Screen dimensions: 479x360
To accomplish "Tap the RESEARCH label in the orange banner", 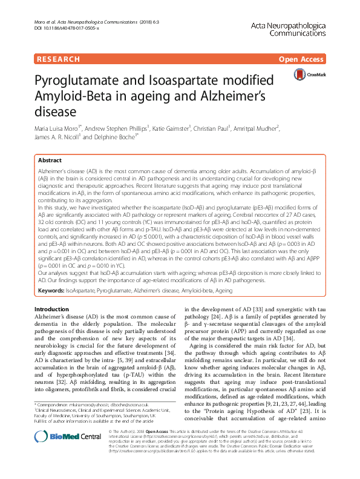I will pyautogui.click(x=58, y=59).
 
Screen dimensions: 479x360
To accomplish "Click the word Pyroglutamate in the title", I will pyautogui.click(x=80, y=81).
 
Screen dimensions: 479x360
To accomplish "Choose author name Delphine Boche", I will pyautogui.click(x=120, y=137).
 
